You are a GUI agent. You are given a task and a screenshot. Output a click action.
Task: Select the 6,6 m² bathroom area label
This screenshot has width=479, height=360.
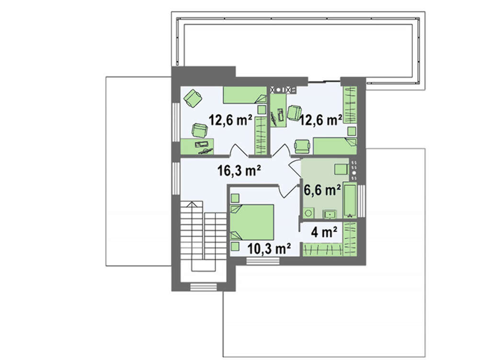coord(322,190)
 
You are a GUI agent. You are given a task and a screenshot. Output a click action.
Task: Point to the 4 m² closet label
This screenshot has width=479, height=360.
coord(324,232)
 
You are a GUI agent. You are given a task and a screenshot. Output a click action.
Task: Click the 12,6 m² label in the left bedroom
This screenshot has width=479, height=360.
coord(230,120)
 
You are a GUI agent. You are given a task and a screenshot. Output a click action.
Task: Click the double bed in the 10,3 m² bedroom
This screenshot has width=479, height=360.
coord(252,222)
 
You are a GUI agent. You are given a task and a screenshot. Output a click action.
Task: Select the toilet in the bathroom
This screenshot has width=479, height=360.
coord(308,213)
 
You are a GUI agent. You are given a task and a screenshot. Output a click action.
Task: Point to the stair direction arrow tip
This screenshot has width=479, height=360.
coord(192,202)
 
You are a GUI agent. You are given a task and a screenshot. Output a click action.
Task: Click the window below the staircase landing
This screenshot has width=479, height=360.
coord(204,287)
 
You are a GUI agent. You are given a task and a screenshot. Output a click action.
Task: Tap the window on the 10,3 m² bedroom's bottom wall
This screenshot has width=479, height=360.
coord(262,261)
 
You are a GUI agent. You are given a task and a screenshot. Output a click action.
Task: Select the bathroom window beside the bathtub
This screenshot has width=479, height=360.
coord(362,201)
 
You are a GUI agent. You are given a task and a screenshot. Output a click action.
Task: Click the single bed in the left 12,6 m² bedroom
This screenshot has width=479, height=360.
coord(245,95)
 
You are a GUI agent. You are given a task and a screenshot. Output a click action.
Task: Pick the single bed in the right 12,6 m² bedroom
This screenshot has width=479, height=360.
coord(335,146)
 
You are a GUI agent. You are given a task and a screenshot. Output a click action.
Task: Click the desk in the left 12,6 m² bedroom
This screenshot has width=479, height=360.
coord(197,146)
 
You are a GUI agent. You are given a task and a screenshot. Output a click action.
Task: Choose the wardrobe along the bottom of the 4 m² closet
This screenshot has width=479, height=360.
coord(323,249)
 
